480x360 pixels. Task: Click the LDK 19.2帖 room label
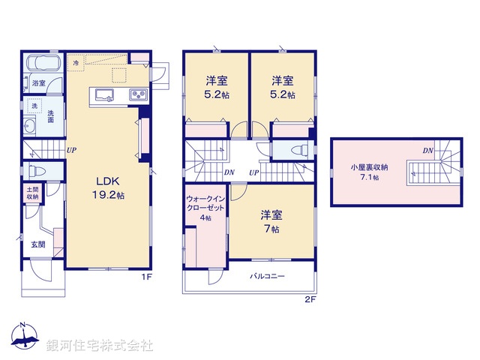click(109, 187)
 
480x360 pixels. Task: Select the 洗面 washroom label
click(50, 116)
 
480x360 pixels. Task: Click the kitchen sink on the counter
click(103, 94)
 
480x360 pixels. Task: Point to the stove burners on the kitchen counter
click(138, 94)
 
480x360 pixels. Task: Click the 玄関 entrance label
click(38, 244)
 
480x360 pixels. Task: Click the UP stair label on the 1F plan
click(70, 150)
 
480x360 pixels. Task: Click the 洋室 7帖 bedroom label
click(271, 221)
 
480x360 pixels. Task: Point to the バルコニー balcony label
click(267, 276)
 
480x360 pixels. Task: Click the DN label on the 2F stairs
click(229, 172)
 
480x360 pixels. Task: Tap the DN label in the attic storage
click(427, 151)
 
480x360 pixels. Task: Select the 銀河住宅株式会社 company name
click(100, 346)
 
